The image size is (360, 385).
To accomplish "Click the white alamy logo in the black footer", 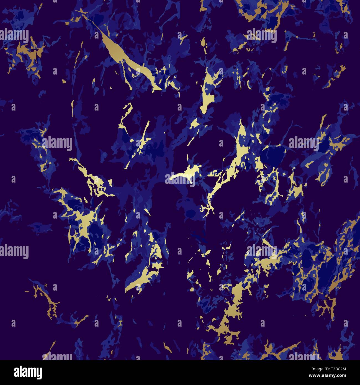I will click(x=28, y=372).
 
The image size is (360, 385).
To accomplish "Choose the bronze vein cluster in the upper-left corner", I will click(x=28, y=53).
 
